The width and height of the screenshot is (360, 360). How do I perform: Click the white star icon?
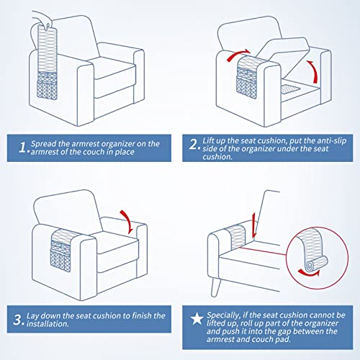coord(197,319)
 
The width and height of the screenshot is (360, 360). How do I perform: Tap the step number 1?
coord(22,147)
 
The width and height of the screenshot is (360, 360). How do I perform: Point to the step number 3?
coord(17,320)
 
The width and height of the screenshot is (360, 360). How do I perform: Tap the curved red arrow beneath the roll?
coord(309,273)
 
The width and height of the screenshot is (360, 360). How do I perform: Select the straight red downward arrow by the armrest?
coord(254,225)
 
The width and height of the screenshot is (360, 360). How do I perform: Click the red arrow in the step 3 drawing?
coord(127,221)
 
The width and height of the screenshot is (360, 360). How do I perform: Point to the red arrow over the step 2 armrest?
coord(238,55)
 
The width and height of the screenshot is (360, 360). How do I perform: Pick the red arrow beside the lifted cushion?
coord(313,71)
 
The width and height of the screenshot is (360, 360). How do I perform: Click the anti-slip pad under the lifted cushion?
coord(291,89)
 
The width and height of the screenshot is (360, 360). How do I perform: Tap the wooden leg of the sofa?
coord(215,287)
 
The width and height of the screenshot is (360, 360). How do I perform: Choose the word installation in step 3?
coord(48,324)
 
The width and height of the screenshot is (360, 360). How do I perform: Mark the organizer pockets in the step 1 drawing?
coord(48,85)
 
